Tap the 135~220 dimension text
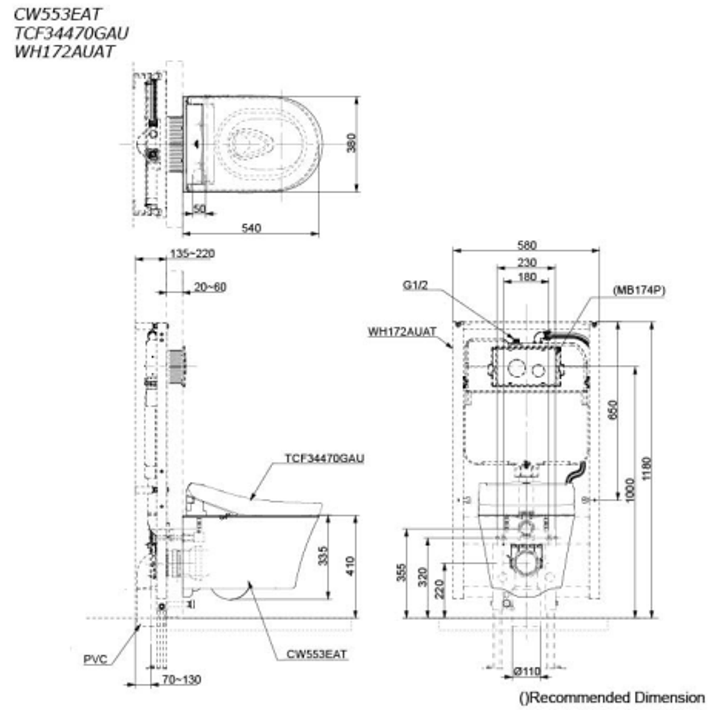(x=192, y=253)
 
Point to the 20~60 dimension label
(x=210, y=287)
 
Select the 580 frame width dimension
(x=527, y=245)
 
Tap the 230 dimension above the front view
(x=527, y=262)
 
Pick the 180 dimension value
(x=527, y=277)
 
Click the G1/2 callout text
(x=415, y=285)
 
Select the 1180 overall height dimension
(x=647, y=469)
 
